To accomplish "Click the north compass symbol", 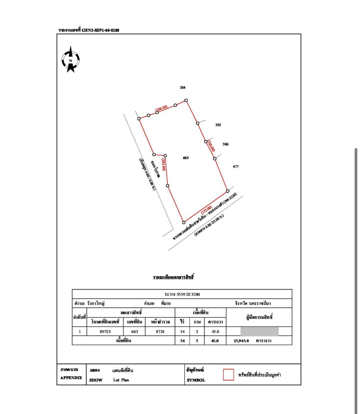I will [71, 60].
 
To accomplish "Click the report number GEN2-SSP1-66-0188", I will [100, 30].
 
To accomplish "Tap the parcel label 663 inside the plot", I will [186, 158].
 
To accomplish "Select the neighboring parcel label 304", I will [183, 87].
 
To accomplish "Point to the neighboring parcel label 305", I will [218, 125].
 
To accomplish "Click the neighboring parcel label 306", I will [225, 144].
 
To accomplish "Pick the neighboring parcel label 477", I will [236, 167].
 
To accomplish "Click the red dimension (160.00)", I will [161, 108].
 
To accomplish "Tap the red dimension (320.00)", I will [211, 146].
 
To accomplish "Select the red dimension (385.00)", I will [164, 164].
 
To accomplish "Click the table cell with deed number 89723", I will [105, 331].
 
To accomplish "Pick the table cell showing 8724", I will [160, 331].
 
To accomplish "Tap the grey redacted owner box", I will [259, 331].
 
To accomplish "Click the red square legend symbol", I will [228, 375].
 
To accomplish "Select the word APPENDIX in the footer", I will [71, 378].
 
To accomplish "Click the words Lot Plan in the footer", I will [121, 380].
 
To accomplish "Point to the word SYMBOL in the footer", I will [196, 380].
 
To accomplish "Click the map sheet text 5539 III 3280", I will [188, 294].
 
